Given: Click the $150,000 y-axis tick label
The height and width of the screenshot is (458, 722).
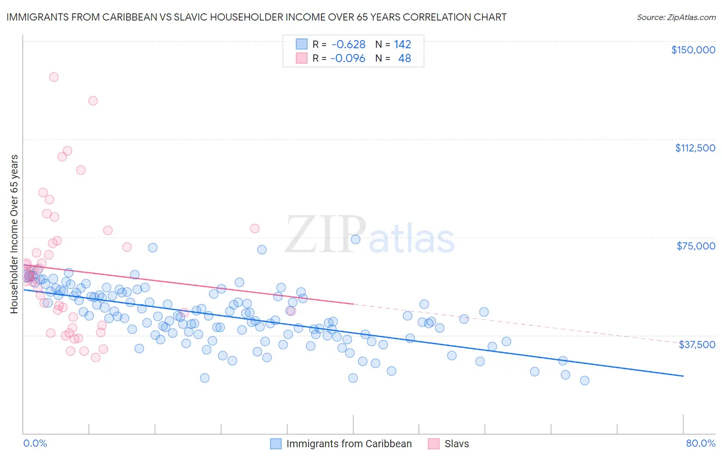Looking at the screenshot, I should (x=693, y=50).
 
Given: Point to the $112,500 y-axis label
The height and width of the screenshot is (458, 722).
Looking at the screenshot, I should (x=695, y=148).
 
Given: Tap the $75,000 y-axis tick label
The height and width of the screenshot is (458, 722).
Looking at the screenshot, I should (x=696, y=246).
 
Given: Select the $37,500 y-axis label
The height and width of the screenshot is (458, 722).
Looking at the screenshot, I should (x=697, y=345).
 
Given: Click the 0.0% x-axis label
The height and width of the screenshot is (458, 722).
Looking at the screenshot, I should (x=35, y=444).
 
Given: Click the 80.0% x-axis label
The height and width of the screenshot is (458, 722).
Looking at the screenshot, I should (x=700, y=444).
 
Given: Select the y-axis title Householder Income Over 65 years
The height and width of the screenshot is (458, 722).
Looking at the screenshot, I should (x=14, y=234).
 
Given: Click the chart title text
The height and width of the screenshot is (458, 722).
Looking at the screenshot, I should (x=256, y=17).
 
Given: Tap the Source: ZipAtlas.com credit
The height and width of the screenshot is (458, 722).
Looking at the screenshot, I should (x=676, y=17).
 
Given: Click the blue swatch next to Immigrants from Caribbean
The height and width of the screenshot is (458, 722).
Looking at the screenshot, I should (x=276, y=444).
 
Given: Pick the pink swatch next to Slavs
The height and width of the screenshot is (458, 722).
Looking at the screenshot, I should (x=434, y=444).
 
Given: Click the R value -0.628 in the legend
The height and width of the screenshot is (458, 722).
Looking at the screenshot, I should (x=348, y=44).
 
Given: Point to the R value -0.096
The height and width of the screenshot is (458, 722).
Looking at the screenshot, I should (x=348, y=59).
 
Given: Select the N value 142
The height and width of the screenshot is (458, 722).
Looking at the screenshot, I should (x=402, y=44).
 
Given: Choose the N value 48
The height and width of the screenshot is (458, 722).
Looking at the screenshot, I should (x=405, y=59).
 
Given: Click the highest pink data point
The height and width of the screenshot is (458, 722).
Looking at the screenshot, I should (x=54, y=77).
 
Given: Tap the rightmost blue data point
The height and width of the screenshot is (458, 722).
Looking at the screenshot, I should (x=584, y=380).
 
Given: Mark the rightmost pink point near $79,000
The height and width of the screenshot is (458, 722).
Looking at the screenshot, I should (x=255, y=228).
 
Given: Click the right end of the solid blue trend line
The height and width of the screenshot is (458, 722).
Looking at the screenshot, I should (x=683, y=376).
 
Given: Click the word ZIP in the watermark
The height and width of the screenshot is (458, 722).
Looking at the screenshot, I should (x=326, y=234).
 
